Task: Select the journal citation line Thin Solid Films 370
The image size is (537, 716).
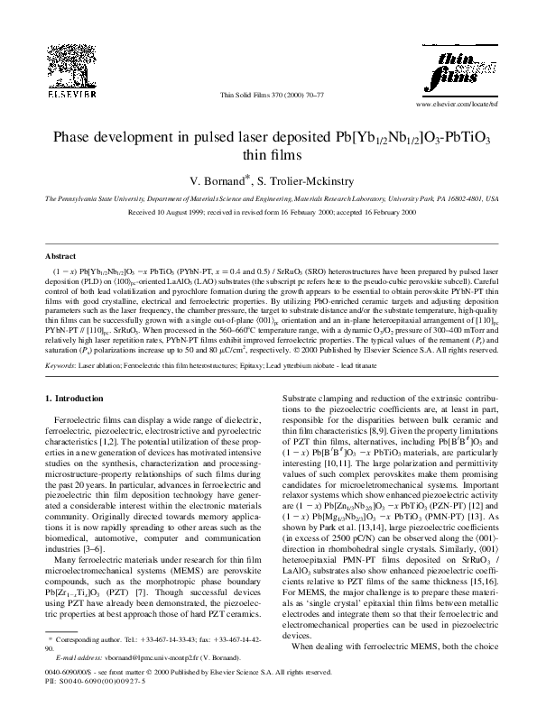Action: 268,94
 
